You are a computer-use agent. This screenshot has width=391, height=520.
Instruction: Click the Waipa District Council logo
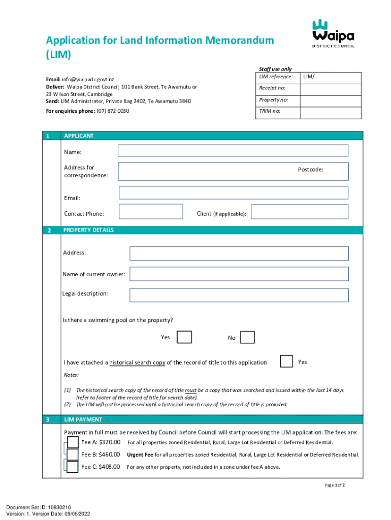(x=333, y=33)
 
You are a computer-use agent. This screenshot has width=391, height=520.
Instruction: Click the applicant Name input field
(x=233, y=151)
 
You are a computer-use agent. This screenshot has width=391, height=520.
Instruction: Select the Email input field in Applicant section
(x=233, y=192)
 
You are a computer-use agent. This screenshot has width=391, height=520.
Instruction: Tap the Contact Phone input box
(x=150, y=212)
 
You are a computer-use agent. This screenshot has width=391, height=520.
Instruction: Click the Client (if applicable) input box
(x=300, y=212)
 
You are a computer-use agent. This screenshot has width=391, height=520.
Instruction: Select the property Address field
(x=239, y=253)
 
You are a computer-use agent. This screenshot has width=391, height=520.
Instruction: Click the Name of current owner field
(x=239, y=274)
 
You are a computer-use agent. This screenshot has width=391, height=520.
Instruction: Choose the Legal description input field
(x=239, y=295)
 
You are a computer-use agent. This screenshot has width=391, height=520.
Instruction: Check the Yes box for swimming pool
(x=184, y=337)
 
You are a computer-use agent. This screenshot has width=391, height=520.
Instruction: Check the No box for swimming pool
(x=247, y=337)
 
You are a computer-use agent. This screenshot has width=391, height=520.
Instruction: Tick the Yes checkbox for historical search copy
(x=287, y=361)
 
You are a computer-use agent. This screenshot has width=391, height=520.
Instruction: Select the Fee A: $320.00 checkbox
(x=73, y=442)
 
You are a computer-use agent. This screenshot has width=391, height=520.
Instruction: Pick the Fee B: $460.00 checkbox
(x=73, y=454)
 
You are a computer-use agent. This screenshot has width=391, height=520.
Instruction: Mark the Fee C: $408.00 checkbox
(x=73, y=467)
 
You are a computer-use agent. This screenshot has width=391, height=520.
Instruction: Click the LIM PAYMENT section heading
(x=83, y=419)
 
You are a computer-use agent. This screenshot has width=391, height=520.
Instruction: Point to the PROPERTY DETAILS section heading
(x=88, y=230)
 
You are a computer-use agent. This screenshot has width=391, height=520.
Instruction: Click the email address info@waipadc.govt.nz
(x=87, y=80)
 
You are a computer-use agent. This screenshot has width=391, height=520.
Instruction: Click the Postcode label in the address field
(x=310, y=170)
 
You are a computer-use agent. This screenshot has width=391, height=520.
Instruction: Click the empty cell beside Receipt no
(x=330, y=88)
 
